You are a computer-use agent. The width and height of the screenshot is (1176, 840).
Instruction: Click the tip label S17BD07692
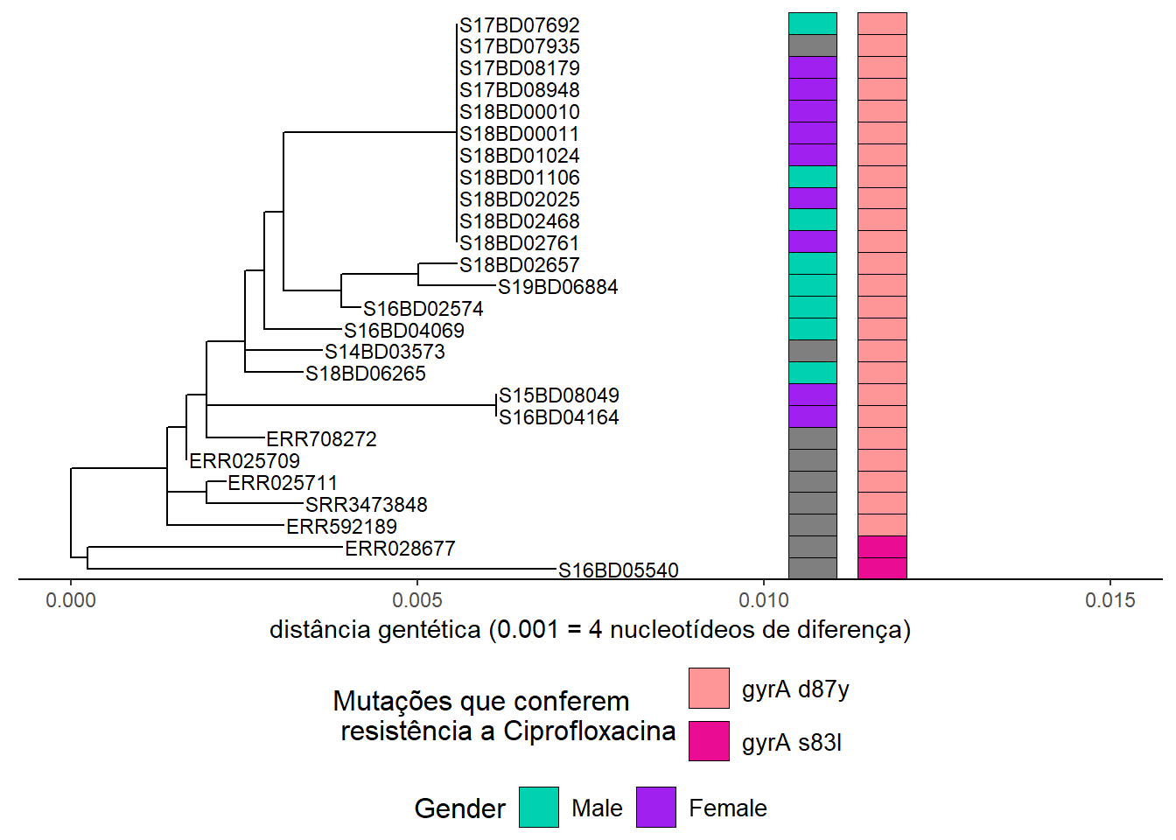pos(519,25)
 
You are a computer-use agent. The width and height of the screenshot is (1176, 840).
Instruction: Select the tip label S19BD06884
pos(557,287)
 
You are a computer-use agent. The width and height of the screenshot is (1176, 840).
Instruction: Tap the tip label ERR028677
pos(400,549)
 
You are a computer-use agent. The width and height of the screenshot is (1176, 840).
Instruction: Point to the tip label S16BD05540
pos(618,570)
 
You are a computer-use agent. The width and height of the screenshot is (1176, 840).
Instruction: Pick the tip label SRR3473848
pos(367,505)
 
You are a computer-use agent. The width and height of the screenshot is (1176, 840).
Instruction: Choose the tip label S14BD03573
pos(385,352)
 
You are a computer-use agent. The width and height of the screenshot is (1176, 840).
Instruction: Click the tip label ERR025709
pos(245,461)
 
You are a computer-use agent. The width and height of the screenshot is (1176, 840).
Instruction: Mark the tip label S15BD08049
pos(558,395)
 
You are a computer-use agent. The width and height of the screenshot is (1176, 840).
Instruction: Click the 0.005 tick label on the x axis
pos(417,600)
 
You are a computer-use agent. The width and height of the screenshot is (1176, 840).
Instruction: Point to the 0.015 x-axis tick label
pos(1110,600)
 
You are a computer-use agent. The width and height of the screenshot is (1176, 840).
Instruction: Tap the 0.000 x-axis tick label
pos(71,600)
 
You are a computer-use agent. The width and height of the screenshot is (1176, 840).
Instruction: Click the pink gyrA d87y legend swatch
pos(709,689)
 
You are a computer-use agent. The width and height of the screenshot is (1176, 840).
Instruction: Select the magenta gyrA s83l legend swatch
pos(709,741)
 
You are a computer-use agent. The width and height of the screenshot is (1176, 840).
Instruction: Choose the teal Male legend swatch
pos(539,807)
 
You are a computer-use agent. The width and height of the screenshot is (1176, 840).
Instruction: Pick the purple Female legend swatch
pos(656,807)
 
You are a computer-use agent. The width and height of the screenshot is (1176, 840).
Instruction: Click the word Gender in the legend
pos(460,808)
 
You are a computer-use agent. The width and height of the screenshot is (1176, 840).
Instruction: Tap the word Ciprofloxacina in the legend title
pos(589,731)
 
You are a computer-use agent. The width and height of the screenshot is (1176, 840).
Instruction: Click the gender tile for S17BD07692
pos(813,24)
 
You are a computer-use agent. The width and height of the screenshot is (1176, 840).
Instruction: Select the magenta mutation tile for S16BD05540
pos(882,568)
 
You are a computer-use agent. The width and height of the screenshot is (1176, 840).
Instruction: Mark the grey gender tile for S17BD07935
pos(813,45)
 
